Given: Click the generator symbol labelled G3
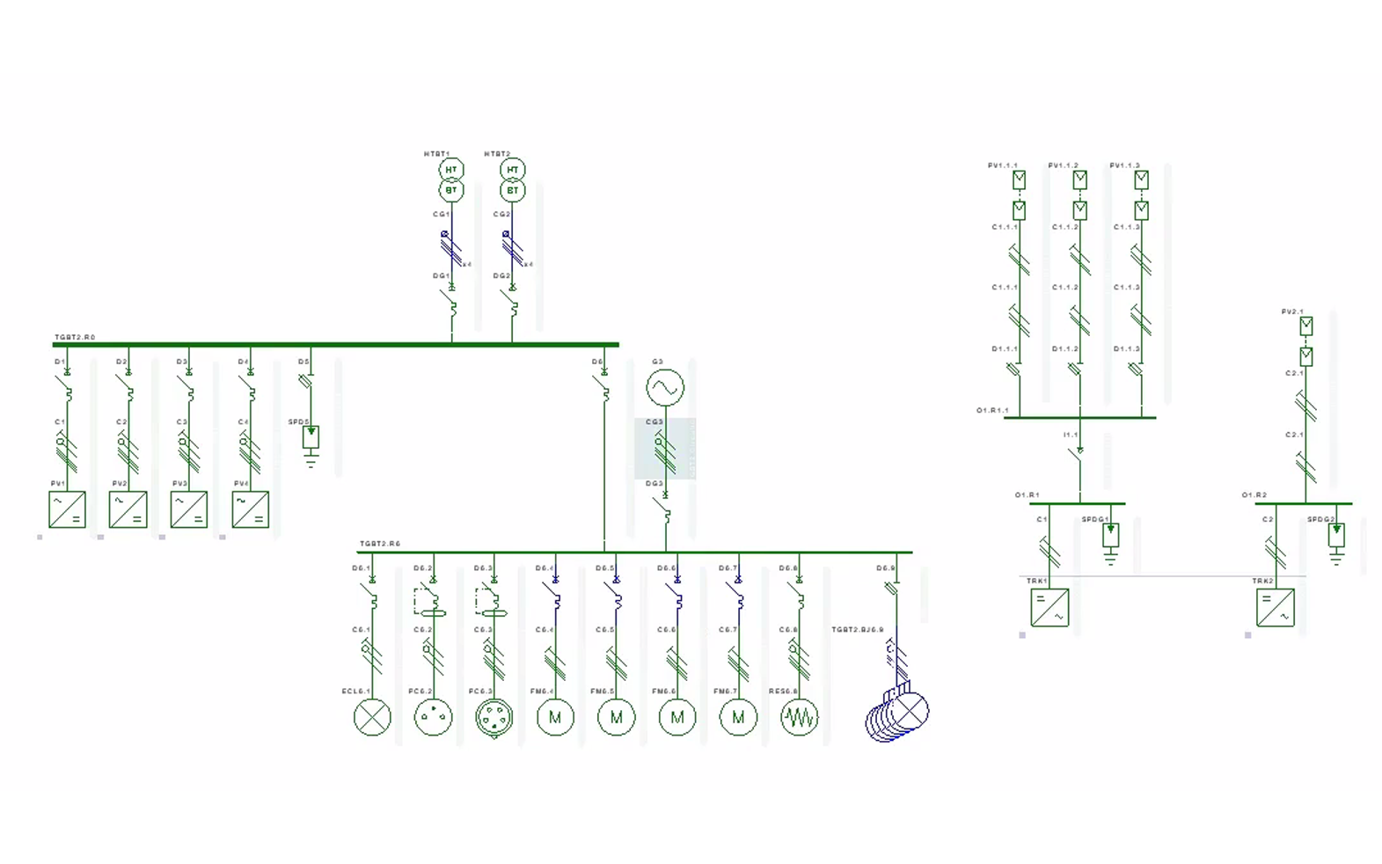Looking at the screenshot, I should tap(665, 387).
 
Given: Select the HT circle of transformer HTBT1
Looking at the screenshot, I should tap(451, 170).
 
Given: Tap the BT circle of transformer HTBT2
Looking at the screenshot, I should tap(513, 190).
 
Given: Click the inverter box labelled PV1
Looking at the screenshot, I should tap(67, 509).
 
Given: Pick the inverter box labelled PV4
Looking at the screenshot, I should tap(250, 509).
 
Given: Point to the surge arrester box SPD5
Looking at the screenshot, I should tap(311, 436).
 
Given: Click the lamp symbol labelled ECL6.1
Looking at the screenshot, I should tap(372, 717).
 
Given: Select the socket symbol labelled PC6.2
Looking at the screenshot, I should tap(433, 717).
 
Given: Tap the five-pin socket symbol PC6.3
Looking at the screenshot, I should tap(494, 717).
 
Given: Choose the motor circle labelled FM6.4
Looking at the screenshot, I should tap(555, 717).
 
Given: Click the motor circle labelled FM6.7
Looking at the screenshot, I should tap(738, 717).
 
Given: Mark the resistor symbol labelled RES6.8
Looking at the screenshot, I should tap(799, 717).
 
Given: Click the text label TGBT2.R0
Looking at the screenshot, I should tap(75, 337).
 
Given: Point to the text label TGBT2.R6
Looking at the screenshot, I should tap(380, 544).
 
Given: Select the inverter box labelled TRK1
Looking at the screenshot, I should tap(1049, 607).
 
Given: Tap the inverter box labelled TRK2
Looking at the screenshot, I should tap(1276, 607).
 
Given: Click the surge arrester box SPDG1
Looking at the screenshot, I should tap(1111, 533).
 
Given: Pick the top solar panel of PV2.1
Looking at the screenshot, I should tap(1306, 326).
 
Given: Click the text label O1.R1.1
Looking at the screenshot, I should tap(992, 411).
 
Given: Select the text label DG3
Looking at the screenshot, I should tap(654, 484).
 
